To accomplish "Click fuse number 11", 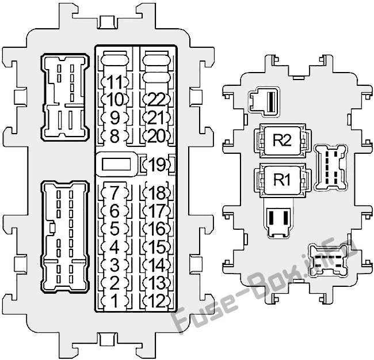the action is pos(115,82).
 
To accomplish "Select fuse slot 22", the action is pos(157,99).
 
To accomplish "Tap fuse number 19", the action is pos(157,164).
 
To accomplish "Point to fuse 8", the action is pos(115,136).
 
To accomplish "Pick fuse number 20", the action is pos(157,136).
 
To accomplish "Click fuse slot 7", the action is pos(115,192).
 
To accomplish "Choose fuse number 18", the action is pos(157,192).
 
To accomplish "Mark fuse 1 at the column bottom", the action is pos(115,301).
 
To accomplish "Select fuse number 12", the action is pos(157,301).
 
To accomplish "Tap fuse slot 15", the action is pos(157,247).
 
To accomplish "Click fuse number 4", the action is pos(115,247).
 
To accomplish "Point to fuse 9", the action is pos(115,118).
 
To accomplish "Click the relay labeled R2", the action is pos(282,141).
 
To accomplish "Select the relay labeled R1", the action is pos(282,180).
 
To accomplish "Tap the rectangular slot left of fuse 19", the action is pos(116,164).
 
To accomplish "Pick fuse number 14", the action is pos(157,265).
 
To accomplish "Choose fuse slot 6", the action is pos(115,211).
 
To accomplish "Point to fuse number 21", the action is pos(157,118).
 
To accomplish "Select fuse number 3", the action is pos(115,265).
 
